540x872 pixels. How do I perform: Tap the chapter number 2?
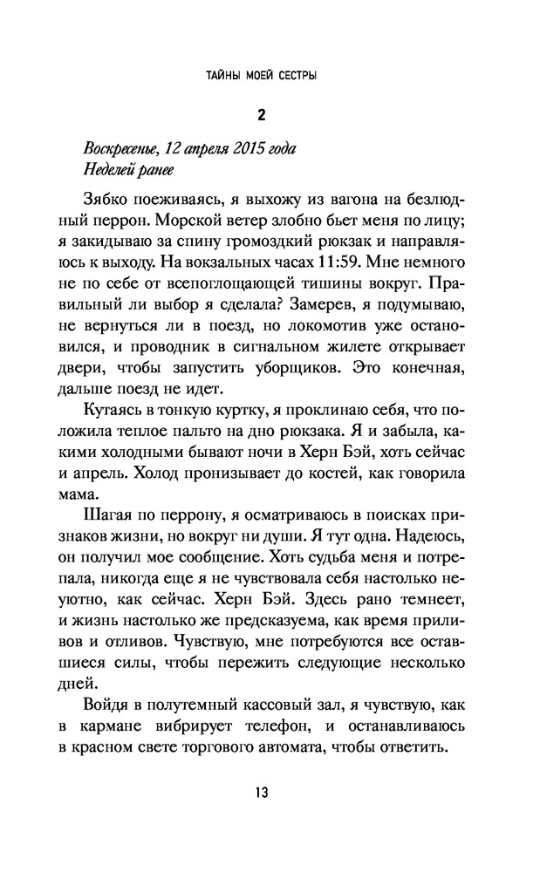point(261,112)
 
